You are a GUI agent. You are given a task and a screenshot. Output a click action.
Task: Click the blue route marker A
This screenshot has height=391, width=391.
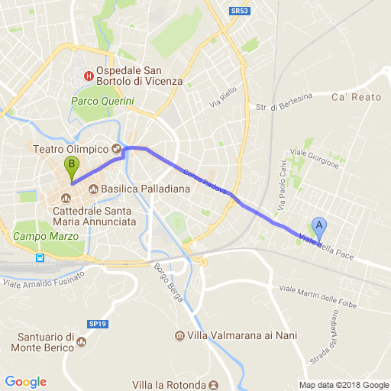[320, 227]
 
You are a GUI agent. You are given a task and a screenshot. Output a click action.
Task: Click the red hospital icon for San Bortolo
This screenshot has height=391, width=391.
[89, 76]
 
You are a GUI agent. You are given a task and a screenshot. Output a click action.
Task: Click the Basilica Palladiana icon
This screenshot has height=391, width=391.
[94, 189]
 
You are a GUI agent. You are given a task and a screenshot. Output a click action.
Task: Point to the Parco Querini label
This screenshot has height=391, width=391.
[102, 101]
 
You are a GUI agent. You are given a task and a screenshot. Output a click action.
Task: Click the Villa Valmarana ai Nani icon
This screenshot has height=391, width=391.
[179, 336]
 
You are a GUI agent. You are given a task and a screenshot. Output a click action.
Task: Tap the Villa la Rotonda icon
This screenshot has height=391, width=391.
[214, 384]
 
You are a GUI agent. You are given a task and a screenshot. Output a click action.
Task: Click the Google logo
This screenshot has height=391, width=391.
[25, 381]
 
